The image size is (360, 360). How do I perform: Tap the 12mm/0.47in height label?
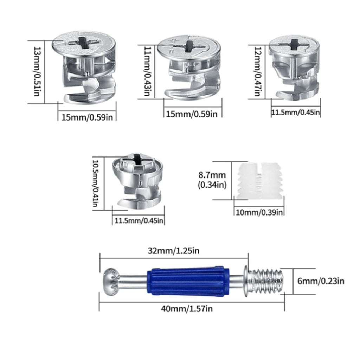click(258, 71)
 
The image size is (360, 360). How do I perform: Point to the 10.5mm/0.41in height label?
click(96, 183)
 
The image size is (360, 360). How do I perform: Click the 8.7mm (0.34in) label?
click(212, 180)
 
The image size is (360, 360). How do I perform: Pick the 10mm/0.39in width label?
click(259, 212)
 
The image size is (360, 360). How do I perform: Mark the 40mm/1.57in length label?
click(187, 309)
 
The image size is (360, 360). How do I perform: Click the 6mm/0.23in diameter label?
click(321, 281)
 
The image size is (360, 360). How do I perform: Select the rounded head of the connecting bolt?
click(110, 282)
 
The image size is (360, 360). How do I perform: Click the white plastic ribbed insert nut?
click(258, 181)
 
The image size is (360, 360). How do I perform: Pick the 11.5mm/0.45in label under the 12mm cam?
click(295, 112)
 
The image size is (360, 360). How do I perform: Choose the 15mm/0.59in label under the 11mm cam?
click(192, 114)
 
